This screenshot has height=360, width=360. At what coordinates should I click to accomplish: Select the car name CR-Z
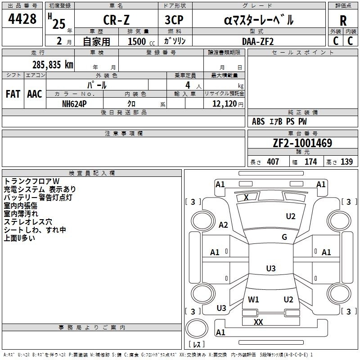point(116,20)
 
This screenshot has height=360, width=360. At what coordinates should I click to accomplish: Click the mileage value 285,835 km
point(53,65)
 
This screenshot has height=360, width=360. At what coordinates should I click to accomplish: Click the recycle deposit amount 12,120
point(224,103)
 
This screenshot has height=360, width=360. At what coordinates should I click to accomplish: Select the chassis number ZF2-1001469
point(302,144)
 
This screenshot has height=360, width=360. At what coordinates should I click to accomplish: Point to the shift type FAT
point(13,94)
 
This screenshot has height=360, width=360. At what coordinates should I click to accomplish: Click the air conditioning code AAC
point(34,94)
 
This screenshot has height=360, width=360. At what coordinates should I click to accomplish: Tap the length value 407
point(273,162)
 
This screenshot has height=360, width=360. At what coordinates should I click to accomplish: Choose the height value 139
point(346,162)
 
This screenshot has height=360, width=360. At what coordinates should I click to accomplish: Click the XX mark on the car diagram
point(258,322)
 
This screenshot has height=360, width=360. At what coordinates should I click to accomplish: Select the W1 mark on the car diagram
point(253,299)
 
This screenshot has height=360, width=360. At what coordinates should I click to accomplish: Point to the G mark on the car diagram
point(284,237)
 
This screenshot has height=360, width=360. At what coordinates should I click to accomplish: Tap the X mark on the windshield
point(246,197)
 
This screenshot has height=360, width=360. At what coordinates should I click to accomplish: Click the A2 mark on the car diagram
point(223,225)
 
